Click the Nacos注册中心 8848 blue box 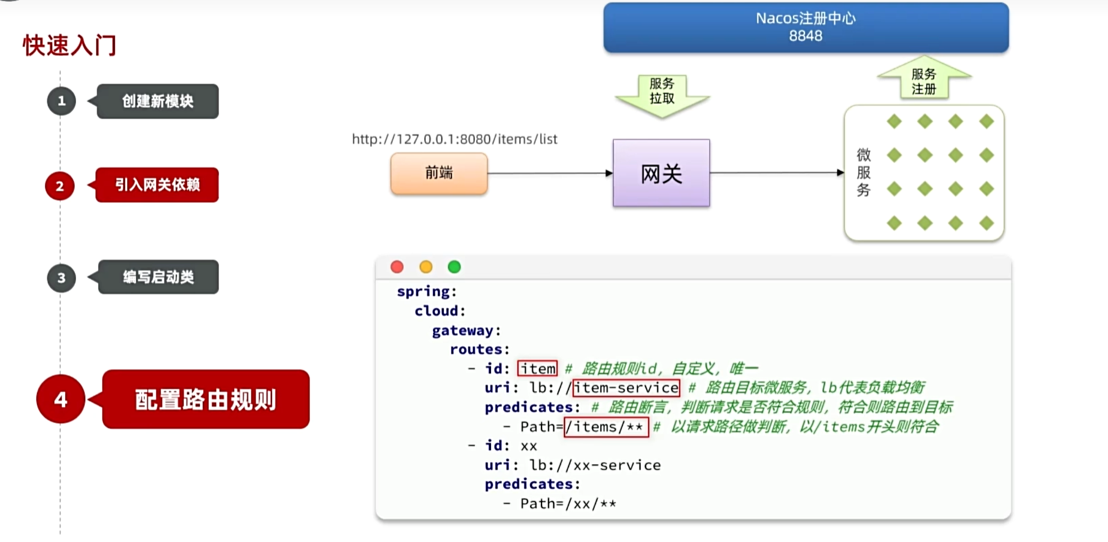(806, 28)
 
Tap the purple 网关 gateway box (661, 174)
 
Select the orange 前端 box (439, 173)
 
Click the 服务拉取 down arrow (662, 94)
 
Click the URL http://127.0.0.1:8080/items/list (455, 139)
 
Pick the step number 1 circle (61, 101)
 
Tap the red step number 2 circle (60, 186)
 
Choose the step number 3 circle (61, 278)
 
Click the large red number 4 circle (60, 399)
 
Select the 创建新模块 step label (158, 101)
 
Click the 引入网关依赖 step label (157, 185)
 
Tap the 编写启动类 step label (158, 277)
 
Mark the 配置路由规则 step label (205, 399)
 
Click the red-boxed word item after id (537, 368)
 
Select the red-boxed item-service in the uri (626, 388)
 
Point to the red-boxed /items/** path (606, 427)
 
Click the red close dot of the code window (397, 267)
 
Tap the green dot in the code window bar (455, 267)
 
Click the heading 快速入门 (69, 46)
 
